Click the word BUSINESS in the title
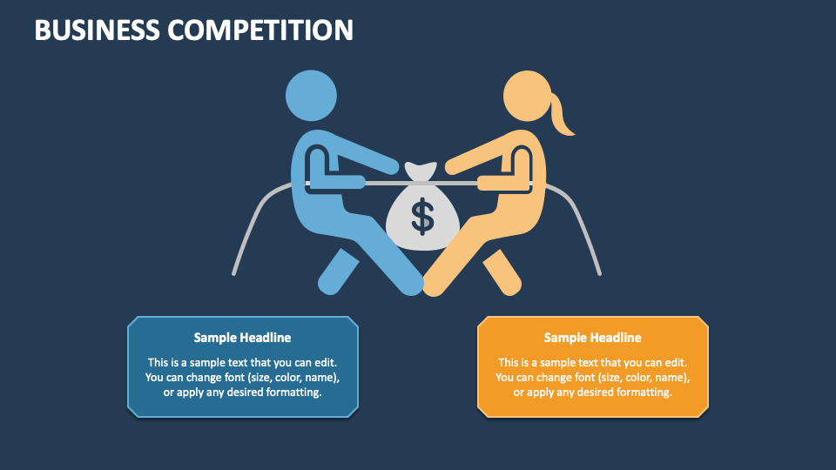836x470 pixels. (97, 30)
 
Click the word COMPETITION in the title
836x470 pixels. (260, 30)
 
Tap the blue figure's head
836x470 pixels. (312, 96)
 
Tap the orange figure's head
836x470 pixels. (528, 96)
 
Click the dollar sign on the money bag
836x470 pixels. (423, 217)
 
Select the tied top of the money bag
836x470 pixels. (421, 171)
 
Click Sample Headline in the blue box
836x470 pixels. (243, 338)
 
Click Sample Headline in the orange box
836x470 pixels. (592, 338)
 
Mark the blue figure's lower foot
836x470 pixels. (338, 272)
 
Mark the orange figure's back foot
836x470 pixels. (502, 272)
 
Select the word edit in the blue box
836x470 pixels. (325, 362)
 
